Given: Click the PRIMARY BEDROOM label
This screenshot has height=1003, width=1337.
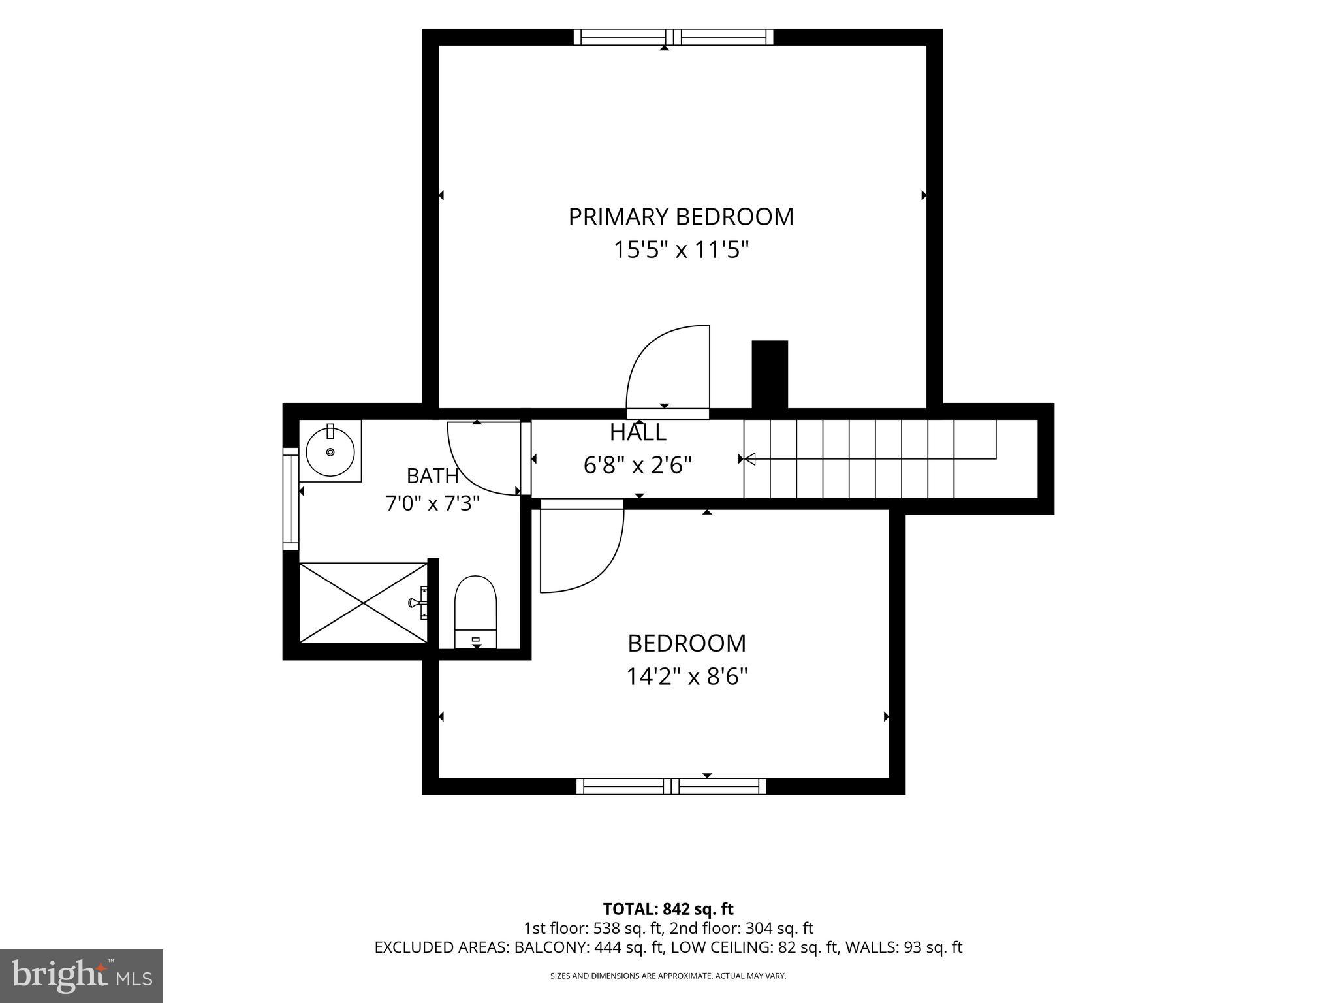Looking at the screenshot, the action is (681, 217).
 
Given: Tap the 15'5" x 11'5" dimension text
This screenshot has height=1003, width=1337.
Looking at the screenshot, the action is (681, 250).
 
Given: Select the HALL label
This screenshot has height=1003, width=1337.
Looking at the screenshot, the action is (638, 432).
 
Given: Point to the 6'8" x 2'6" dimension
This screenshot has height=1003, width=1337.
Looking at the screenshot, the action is (638, 466).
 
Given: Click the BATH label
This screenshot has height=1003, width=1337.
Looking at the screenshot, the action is (432, 476).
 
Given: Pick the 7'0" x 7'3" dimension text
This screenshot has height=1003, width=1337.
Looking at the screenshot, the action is (433, 503).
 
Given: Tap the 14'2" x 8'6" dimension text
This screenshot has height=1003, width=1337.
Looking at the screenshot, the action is (687, 677).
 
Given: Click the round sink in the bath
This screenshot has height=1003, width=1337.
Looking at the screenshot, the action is (330, 451).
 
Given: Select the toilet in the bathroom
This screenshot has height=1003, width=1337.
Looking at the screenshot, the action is (476, 612).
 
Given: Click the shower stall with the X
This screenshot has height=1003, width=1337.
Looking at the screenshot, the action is (363, 602).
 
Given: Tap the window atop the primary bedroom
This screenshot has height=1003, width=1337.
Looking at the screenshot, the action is (673, 37).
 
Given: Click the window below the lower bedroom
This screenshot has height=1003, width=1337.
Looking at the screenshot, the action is (671, 786).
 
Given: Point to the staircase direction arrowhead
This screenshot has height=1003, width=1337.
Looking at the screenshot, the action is (750, 459).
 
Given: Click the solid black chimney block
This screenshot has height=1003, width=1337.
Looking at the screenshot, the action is (770, 375).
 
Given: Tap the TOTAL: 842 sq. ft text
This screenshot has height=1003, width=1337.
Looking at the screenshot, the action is (668, 909).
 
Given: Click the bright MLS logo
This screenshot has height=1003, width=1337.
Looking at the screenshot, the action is (82, 976).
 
